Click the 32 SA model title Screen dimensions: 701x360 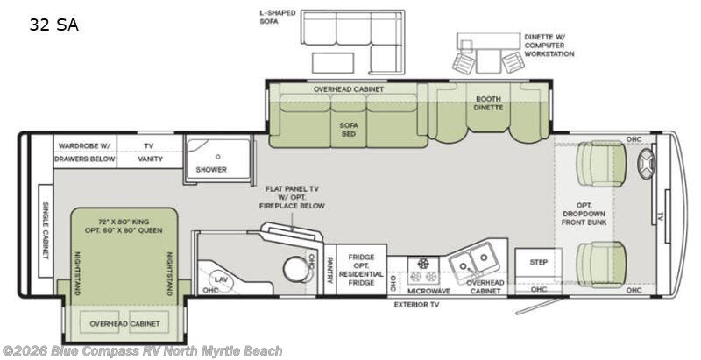[54, 25]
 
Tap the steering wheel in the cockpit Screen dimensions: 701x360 [646, 164]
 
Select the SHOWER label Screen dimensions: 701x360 [211, 170]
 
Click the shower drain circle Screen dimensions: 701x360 [217, 157]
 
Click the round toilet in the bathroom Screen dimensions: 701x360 [296, 269]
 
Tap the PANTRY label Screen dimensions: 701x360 [330, 270]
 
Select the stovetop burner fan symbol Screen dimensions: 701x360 [422, 263]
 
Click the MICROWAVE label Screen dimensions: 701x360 [428, 291]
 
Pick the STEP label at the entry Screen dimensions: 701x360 [539, 262]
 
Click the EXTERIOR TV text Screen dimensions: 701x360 [416, 305]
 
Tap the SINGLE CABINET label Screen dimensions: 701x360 [46, 230]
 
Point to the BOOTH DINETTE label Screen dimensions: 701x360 [488, 103]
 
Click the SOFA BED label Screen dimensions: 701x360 [349, 130]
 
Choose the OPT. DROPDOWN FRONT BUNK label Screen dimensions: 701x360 [584, 214]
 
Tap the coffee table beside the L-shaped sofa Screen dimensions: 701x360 [333, 63]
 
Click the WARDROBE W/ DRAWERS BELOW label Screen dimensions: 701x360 [84, 152]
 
